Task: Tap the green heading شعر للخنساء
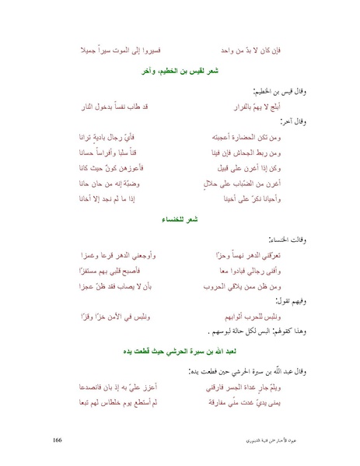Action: pyautogui.click(x=180, y=222)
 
